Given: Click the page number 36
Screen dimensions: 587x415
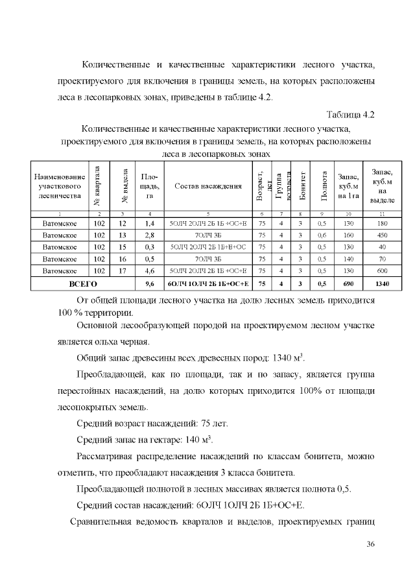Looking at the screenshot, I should pos(371,543).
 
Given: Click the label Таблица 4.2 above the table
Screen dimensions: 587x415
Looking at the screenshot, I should pos(351,115).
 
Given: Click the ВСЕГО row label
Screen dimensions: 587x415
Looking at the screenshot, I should pos(83,284).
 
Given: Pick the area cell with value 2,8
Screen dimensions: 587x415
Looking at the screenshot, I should pos(149,235).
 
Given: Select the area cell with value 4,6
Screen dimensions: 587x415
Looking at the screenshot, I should pos(149,271).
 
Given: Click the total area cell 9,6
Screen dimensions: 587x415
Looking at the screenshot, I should pos(149,284).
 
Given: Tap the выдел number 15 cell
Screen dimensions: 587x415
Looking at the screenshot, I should pos(121,247).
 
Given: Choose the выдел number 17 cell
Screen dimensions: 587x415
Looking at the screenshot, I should pos(121,271).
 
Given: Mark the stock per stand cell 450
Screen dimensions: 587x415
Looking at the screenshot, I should pos(382,235).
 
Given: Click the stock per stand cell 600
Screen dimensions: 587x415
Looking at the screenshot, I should pos(382,271).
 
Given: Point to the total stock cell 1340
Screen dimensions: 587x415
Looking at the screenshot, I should pos(382,284).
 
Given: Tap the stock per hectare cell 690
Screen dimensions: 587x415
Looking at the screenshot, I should pos(348,284).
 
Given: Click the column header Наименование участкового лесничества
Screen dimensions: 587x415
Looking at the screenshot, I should pos(59,186).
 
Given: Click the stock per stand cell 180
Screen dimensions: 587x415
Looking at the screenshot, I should pos(382,224).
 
